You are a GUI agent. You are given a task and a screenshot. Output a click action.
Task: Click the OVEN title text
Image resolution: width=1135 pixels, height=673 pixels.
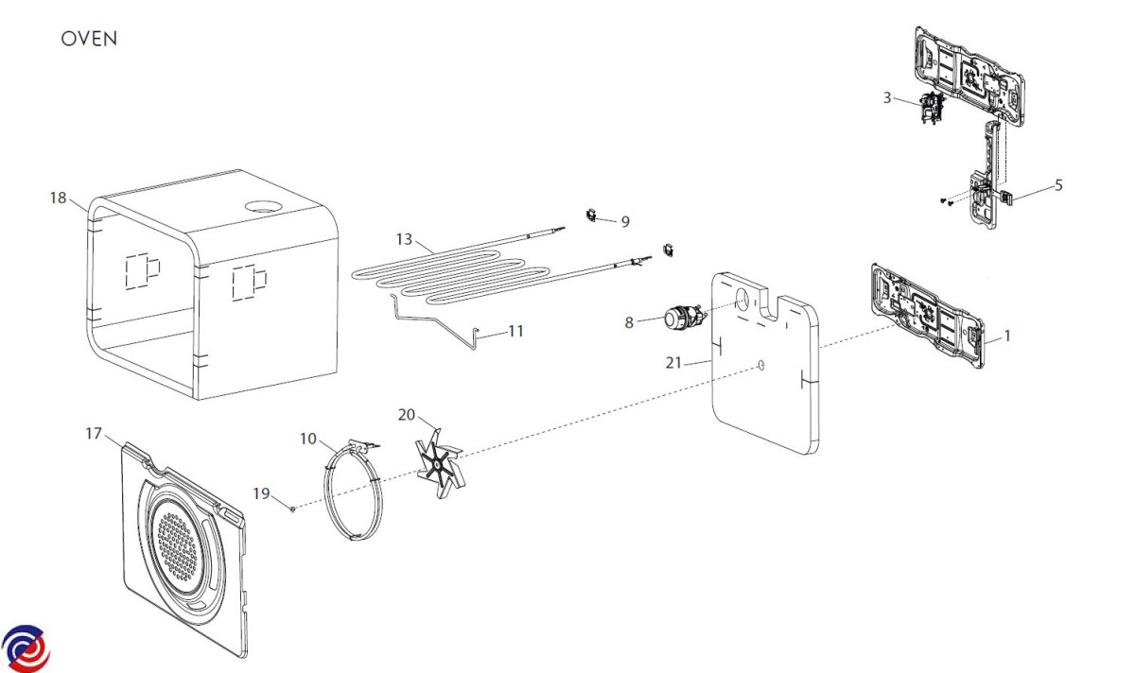89,39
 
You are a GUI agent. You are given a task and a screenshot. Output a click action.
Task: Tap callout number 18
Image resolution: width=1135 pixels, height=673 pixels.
59,198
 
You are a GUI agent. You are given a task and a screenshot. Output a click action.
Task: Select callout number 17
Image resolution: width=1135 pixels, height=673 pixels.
94,434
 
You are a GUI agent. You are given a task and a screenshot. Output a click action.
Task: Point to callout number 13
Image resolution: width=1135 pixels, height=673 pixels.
405,239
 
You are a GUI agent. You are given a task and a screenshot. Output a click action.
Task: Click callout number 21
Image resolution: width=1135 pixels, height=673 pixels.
673,363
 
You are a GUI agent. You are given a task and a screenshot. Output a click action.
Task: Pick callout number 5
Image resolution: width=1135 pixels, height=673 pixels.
1058,185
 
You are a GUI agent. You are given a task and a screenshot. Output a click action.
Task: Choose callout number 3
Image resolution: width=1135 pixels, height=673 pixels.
887,97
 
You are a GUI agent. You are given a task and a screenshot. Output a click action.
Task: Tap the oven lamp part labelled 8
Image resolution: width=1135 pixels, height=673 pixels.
683,317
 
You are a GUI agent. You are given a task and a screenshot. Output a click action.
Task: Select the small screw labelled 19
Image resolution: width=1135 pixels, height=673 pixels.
292,509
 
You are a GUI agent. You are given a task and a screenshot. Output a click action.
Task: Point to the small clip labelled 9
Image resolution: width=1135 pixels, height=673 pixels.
591,216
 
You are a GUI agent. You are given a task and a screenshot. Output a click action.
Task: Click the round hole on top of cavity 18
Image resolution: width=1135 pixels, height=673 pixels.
263,206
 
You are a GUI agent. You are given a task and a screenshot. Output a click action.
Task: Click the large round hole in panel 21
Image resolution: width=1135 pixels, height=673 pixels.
742,300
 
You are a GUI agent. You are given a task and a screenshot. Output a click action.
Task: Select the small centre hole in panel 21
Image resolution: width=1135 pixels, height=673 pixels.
760,365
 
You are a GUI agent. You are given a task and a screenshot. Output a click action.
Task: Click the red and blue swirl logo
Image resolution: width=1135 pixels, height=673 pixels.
26,648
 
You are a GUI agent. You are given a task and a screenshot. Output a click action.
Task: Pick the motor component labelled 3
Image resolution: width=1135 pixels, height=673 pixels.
932,109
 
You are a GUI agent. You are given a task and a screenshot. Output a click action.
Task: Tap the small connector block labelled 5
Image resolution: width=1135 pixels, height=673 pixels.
1006,196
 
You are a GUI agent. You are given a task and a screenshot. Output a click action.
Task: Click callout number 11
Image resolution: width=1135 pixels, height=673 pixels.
515,331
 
